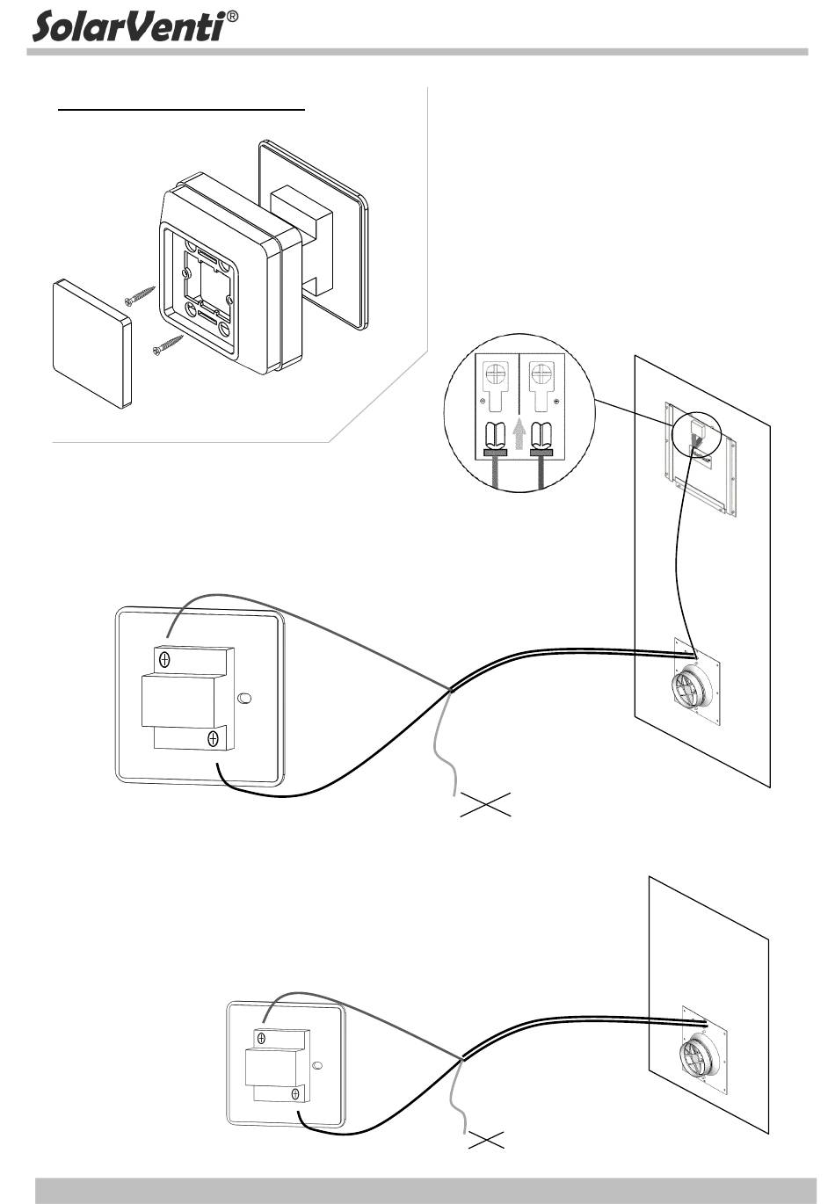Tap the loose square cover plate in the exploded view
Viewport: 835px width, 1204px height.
92,344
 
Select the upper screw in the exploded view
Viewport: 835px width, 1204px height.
141,295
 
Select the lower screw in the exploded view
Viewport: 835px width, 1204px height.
167,344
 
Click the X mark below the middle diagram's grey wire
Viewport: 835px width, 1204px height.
486,802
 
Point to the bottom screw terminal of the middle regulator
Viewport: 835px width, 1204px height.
213,739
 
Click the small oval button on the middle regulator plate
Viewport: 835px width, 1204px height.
244,699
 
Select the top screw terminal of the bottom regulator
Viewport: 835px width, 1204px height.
261,1037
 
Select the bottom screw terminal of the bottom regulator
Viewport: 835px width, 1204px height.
295,1094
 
